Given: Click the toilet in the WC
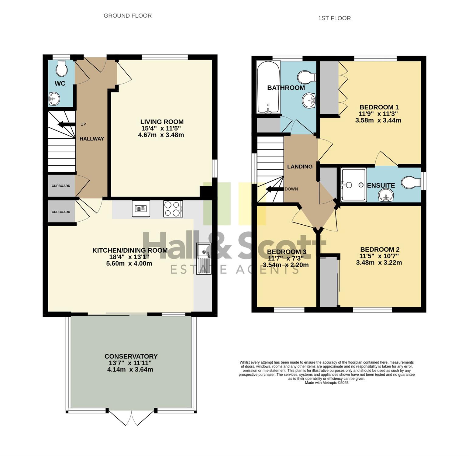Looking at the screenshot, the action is [62, 68].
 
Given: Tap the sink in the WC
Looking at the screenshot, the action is [54, 98].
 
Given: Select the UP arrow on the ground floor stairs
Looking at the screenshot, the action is [67, 124].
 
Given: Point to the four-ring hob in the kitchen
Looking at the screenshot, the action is [173, 209].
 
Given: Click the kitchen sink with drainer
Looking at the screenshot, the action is [204, 259].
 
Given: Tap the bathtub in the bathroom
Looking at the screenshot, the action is [268, 87].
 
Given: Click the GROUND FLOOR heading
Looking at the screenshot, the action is [128, 16].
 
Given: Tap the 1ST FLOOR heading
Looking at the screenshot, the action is [334, 18].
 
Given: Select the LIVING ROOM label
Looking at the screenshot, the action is [162, 122].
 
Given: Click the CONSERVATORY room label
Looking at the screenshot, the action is [131, 356].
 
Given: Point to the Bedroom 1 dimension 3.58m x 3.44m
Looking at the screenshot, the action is [378, 120].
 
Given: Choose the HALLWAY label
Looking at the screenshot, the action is [92, 139].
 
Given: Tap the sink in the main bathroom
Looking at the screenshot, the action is [309, 100].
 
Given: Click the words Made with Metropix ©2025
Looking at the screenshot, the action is [327, 383].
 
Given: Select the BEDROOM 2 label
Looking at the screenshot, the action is [379, 249].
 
